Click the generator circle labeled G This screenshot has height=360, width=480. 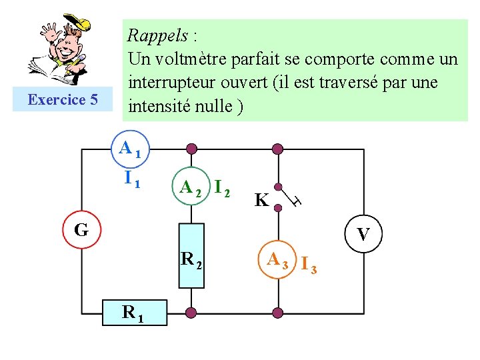pos(81,230)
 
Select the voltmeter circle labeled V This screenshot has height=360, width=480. pos(364,234)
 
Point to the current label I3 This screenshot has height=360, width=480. pos(308,265)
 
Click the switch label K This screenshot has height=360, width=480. pos(261,200)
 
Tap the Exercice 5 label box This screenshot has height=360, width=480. pos(63,100)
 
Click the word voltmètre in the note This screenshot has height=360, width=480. pos(196,59)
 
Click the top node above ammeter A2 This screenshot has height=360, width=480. pos(191,149)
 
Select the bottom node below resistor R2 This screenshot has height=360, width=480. pos(191,311)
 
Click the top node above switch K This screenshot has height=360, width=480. pos(277,149)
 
